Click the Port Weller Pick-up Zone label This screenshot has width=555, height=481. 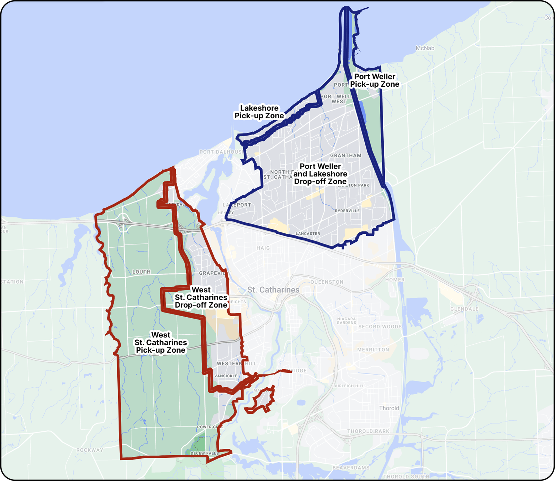(x=375, y=80)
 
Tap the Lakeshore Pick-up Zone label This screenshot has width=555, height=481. (x=259, y=112)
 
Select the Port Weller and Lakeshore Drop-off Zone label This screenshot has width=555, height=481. (x=320, y=174)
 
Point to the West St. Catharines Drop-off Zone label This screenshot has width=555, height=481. (x=201, y=297)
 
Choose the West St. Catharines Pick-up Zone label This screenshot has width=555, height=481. (x=161, y=342)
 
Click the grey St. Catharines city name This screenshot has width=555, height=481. (x=273, y=290)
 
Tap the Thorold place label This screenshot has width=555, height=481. (x=389, y=408)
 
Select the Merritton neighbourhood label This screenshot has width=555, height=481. (x=373, y=350)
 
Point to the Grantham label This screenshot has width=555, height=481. (x=345, y=155)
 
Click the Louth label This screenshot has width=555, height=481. (x=142, y=272)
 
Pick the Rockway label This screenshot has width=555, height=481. (x=90, y=450)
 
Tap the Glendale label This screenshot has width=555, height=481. (x=464, y=309)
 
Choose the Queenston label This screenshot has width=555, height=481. (x=327, y=282)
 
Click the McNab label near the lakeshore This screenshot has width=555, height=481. (x=425, y=48)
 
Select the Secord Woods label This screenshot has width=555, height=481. (x=380, y=327)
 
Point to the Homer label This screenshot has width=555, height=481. (x=395, y=280)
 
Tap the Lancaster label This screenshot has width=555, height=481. (x=308, y=234)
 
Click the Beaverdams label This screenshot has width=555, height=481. (x=351, y=468)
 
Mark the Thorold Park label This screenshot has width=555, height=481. (x=368, y=431)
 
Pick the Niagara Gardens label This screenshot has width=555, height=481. (x=347, y=321)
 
